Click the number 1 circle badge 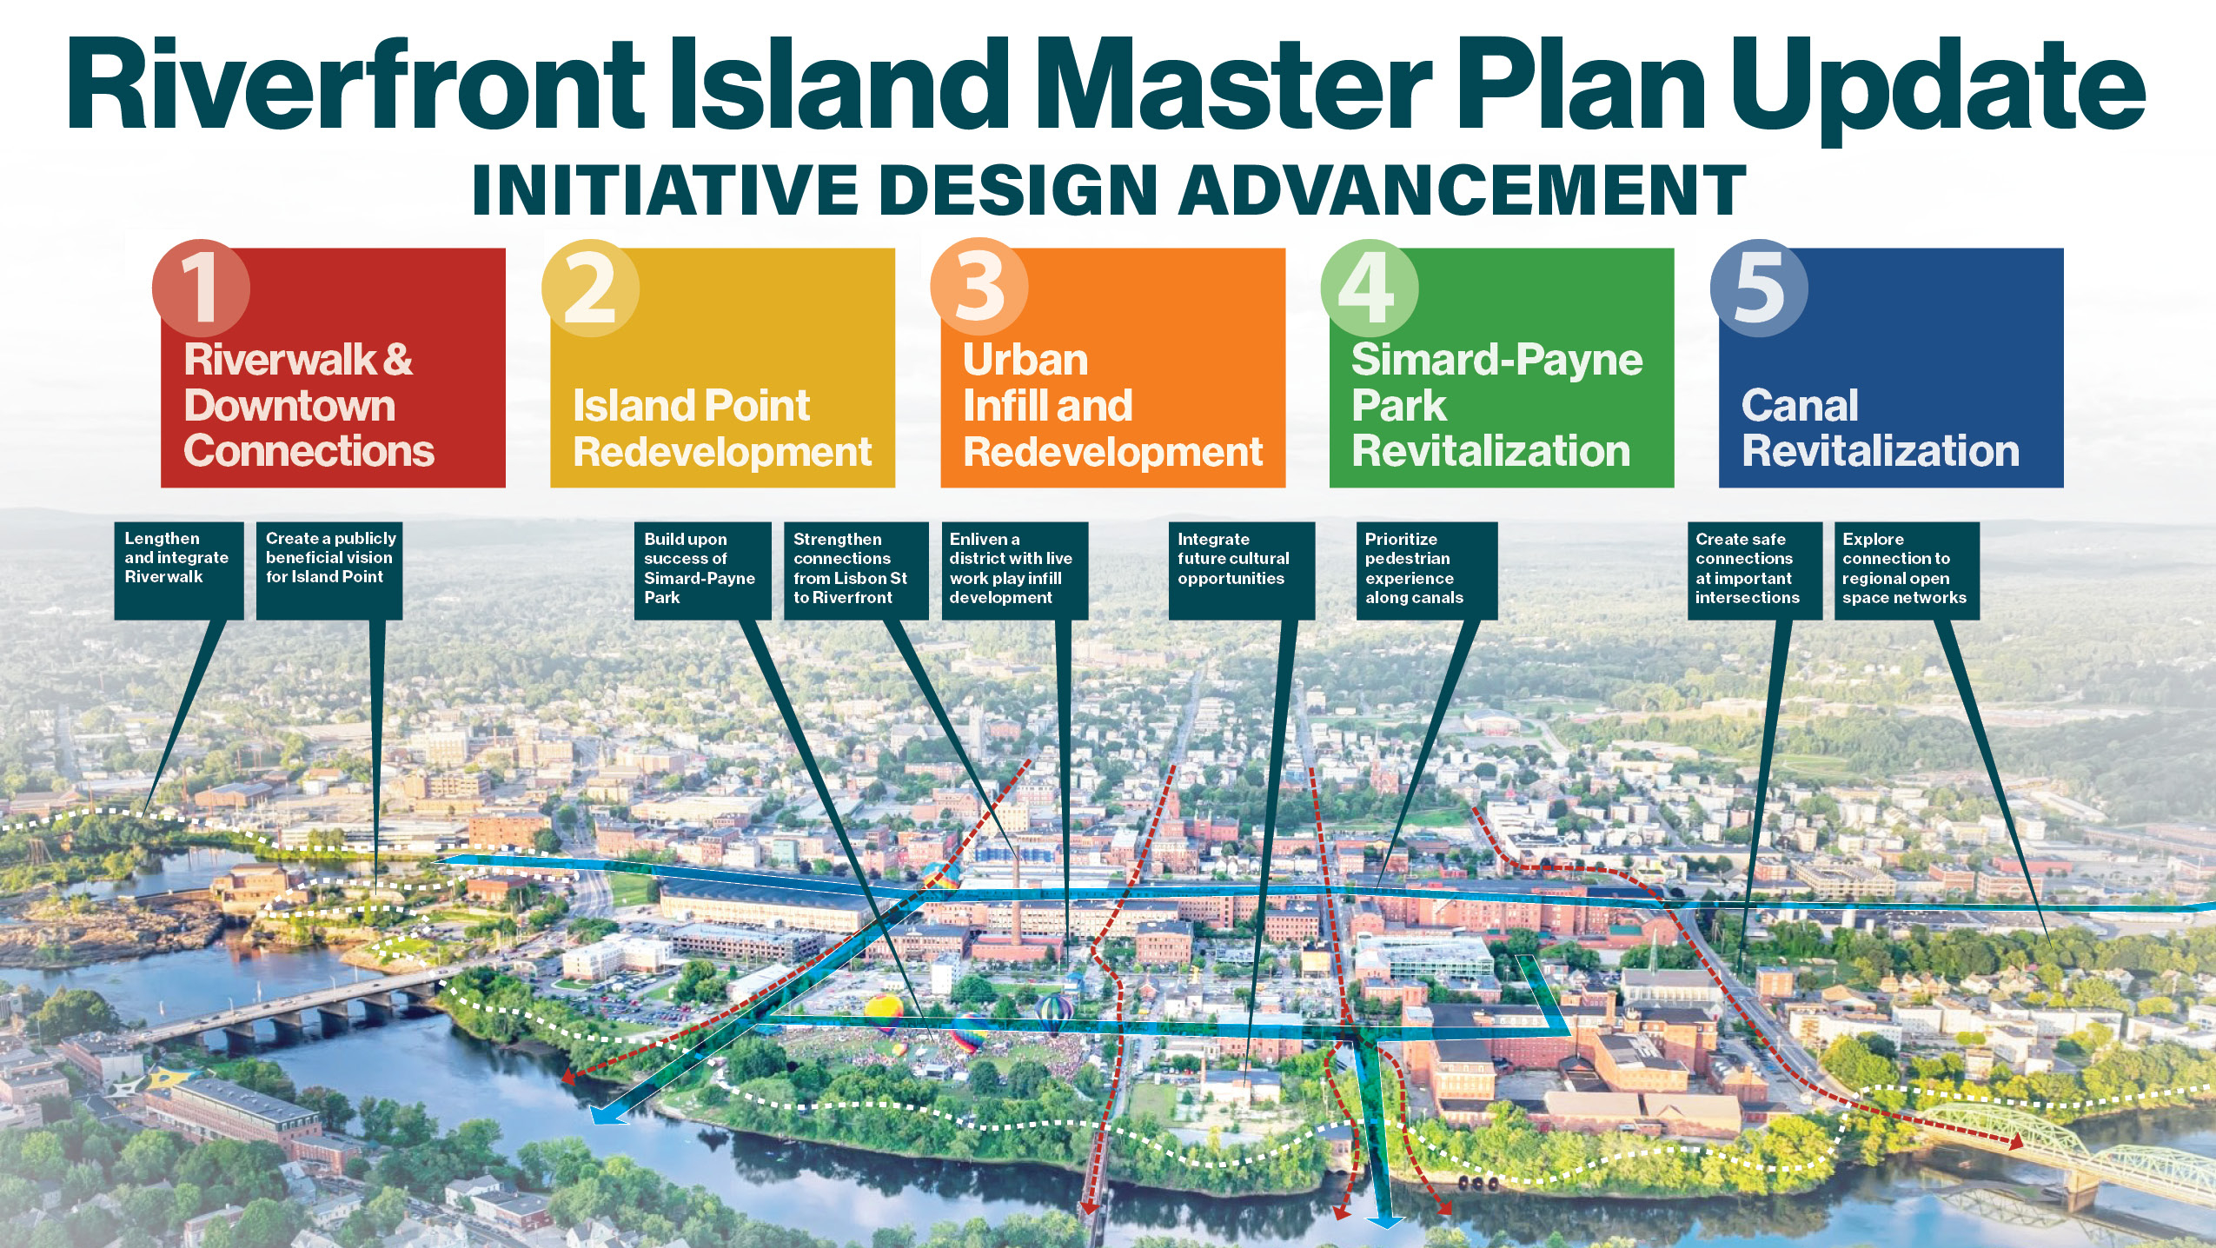pos(201,288)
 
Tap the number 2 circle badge pos(590,288)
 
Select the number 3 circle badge pos(979,288)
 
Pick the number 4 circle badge pos(1369,288)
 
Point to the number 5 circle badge pos(1759,288)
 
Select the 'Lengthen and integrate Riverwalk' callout pos(179,570)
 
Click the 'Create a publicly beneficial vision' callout pos(329,570)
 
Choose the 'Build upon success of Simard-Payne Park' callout pos(702,570)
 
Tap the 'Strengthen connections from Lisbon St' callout pos(856,570)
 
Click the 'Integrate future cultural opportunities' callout pos(1241,570)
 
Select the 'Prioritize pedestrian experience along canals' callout pos(1426,570)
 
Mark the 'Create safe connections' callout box pos(1755,570)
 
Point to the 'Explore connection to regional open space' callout pos(1907,570)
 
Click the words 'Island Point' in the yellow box pos(691,406)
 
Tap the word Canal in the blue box pos(1800,406)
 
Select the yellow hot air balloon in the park pos(884,1011)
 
